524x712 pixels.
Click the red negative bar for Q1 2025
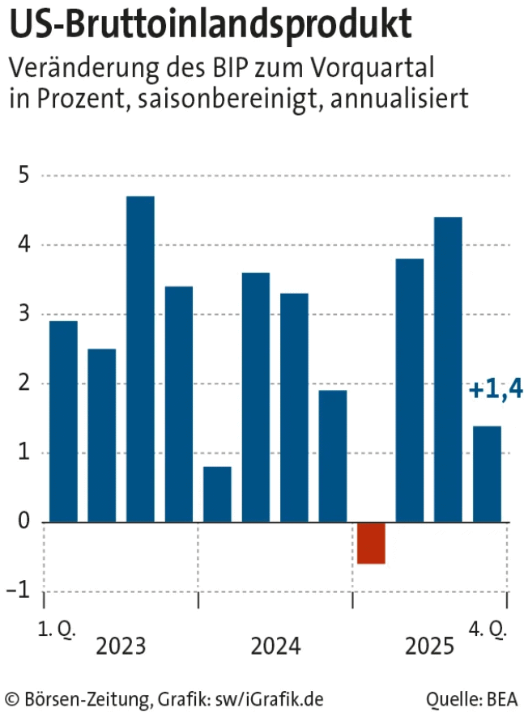[371, 543]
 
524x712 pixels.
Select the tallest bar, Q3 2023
[140, 359]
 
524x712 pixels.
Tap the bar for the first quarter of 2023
[63, 422]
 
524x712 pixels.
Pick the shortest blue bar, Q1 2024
[217, 494]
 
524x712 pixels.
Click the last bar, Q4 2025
[487, 474]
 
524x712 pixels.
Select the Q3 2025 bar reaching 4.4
[448, 370]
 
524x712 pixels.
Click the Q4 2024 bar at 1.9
[332, 456]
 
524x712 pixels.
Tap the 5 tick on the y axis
[24, 176]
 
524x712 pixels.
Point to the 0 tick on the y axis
[24, 523]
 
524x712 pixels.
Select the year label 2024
[275, 646]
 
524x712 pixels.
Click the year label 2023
[121, 646]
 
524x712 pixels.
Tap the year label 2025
[430, 646]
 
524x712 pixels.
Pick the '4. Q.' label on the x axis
[489, 629]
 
